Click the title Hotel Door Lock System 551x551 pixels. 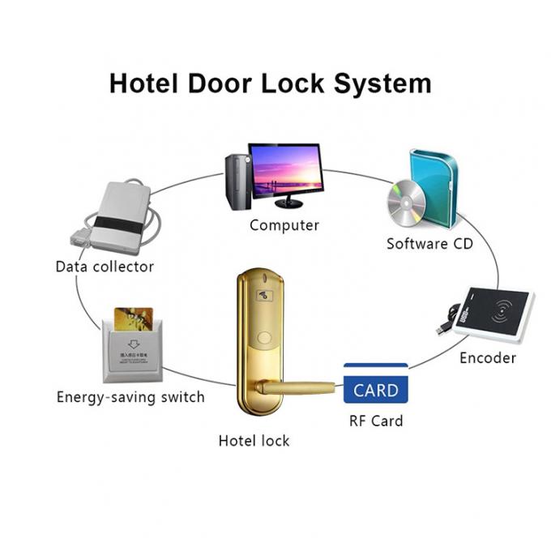pyautogui.click(x=270, y=84)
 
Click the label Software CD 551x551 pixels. pyautogui.click(x=429, y=243)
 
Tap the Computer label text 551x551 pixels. pyautogui.click(x=284, y=225)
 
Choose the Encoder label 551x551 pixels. pyautogui.click(x=487, y=357)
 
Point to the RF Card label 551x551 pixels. pyautogui.click(x=375, y=421)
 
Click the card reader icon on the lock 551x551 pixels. pyautogui.click(x=265, y=297)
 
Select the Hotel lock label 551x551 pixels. pyautogui.click(x=254, y=441)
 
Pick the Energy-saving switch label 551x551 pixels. pyautogui.click(x=130, y=397)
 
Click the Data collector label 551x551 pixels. pyautogui.click(x=105, y=266)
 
